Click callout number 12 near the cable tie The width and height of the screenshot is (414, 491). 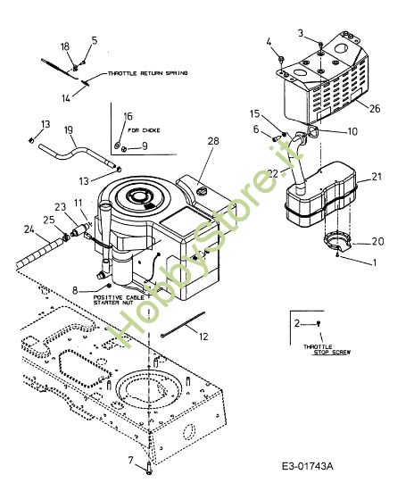pos(203,337)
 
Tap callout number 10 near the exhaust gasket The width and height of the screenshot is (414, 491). pos(352,130)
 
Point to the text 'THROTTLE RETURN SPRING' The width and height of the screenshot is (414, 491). pos(147,75)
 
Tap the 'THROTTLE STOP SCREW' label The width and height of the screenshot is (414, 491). pos(327,351)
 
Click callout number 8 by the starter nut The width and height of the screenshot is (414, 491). pos(75,290)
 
